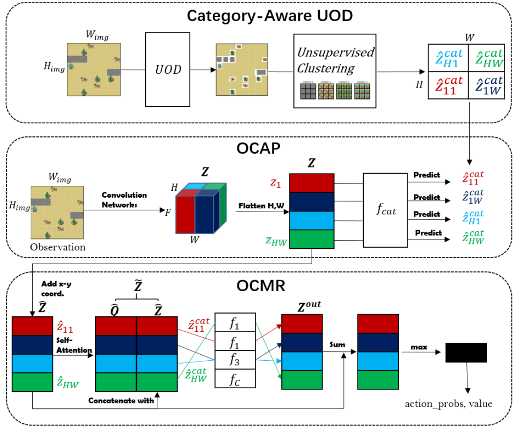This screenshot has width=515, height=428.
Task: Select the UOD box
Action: (168, 69)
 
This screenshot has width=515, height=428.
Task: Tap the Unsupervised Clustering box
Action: (335, 70)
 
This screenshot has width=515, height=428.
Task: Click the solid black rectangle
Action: (466, 352)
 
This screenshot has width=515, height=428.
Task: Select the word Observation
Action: (58, 248)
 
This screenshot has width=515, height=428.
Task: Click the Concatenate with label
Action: (121, 400)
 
